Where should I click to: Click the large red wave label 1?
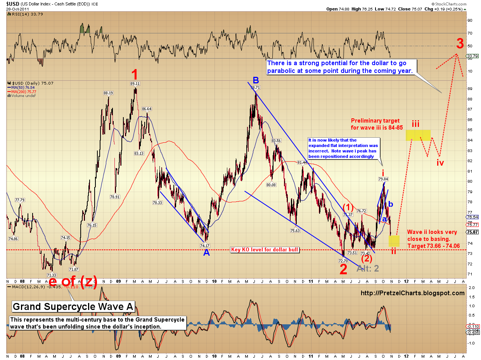tap(134, 74)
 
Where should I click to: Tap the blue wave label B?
tap(256, 80)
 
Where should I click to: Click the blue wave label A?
tap(206, 253)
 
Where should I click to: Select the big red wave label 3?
tap(459, 42)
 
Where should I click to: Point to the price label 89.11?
tap(135, 83)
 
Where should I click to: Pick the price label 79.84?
tap(383, 179)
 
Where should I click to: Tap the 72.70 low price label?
tap(343, 261)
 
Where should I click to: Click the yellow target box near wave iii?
tap(418, 135)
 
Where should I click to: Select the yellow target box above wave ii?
tap(394, 241)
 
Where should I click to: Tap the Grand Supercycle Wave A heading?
tap(73, 307)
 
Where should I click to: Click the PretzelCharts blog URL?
tap(412, 293)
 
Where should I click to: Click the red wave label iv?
tap(440, 163)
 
